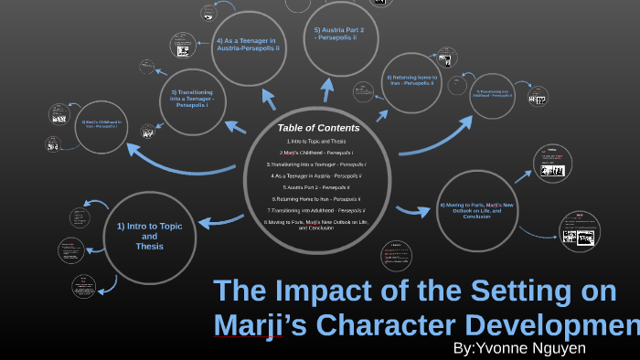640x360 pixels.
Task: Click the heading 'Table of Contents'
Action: pyautogui.click(x=318, y=128)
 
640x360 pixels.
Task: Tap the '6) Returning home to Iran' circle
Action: pyautogui.click(x=413, y=82)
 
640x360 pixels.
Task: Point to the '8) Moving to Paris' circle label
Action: pyautogui.click(x=477, y=210)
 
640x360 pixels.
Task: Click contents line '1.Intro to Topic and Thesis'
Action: pyautogui.click(x=315, y=142)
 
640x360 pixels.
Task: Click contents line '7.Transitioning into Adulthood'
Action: pyautogui.click(x=315, y=210)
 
